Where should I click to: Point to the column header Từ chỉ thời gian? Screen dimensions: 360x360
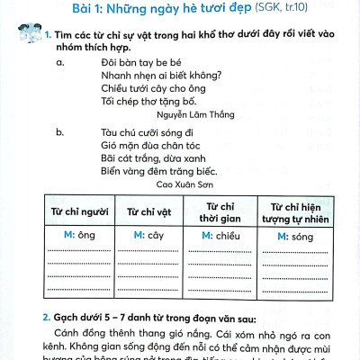coord(219,211)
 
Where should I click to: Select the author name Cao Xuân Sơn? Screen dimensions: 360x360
coord(186,184)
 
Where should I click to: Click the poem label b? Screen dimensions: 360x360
coord(59,131)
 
